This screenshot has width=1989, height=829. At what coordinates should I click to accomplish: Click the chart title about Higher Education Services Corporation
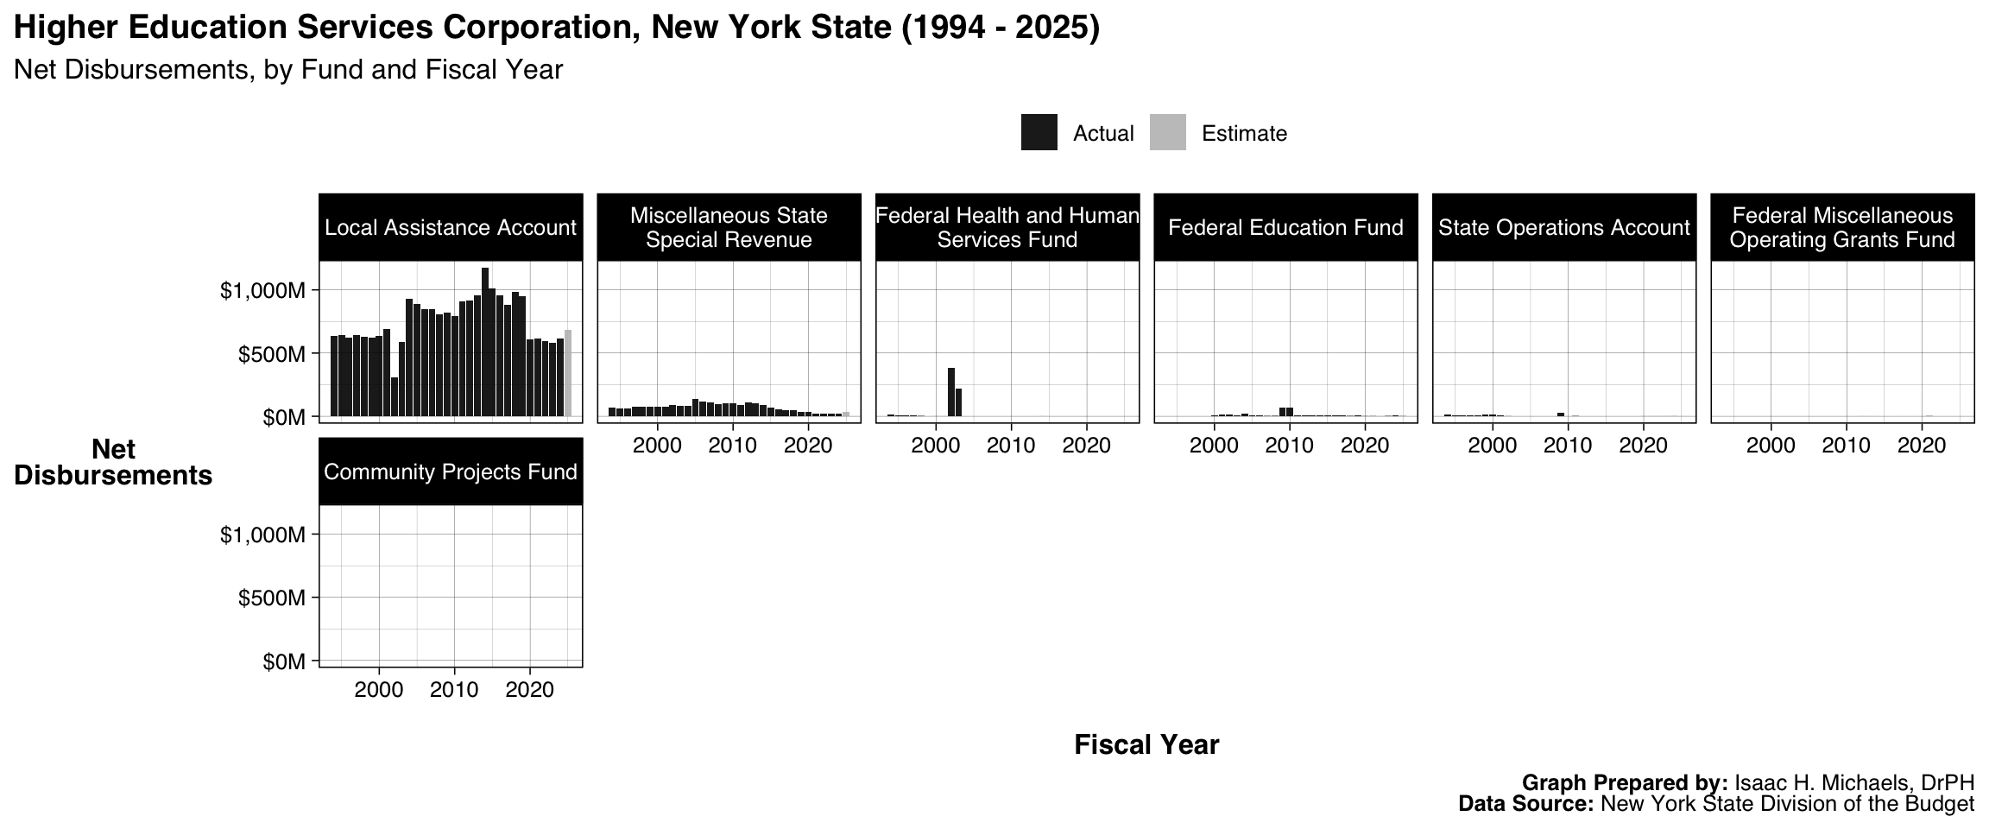[557, 28]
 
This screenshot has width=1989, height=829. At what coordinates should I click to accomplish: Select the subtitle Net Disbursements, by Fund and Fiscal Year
[288, 70]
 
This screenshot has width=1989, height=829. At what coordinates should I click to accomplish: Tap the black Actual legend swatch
[1039, 133]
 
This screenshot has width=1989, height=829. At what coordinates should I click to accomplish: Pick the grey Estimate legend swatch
[1167, 133]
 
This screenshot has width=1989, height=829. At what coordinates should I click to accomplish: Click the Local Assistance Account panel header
[451, 227]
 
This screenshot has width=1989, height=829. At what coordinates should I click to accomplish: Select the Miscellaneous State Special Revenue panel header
[729, 227]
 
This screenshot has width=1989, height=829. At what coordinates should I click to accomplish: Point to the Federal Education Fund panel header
[1285, 227]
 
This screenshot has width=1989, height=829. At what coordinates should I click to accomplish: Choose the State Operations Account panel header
[1563, 227]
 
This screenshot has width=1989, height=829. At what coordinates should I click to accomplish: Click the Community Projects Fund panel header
[451, 471]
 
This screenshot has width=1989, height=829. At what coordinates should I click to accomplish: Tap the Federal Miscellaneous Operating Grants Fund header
[1842, 227]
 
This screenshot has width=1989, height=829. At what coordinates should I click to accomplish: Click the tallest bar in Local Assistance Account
[485, 343]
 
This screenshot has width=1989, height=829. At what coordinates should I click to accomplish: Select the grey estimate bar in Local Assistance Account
[568, 373]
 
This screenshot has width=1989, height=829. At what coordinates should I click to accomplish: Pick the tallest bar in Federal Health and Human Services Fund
[950, 392]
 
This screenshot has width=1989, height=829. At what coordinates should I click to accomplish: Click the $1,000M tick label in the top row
[263, 291]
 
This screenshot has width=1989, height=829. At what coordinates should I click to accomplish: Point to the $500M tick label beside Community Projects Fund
[272, 598]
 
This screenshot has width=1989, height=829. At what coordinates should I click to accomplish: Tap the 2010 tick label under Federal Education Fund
[1289, 446]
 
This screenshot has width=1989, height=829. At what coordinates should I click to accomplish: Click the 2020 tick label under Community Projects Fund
[529, 690]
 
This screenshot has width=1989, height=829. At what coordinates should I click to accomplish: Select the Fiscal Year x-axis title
[1146, 744]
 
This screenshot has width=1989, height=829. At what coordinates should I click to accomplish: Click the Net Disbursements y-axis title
[113, 463]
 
